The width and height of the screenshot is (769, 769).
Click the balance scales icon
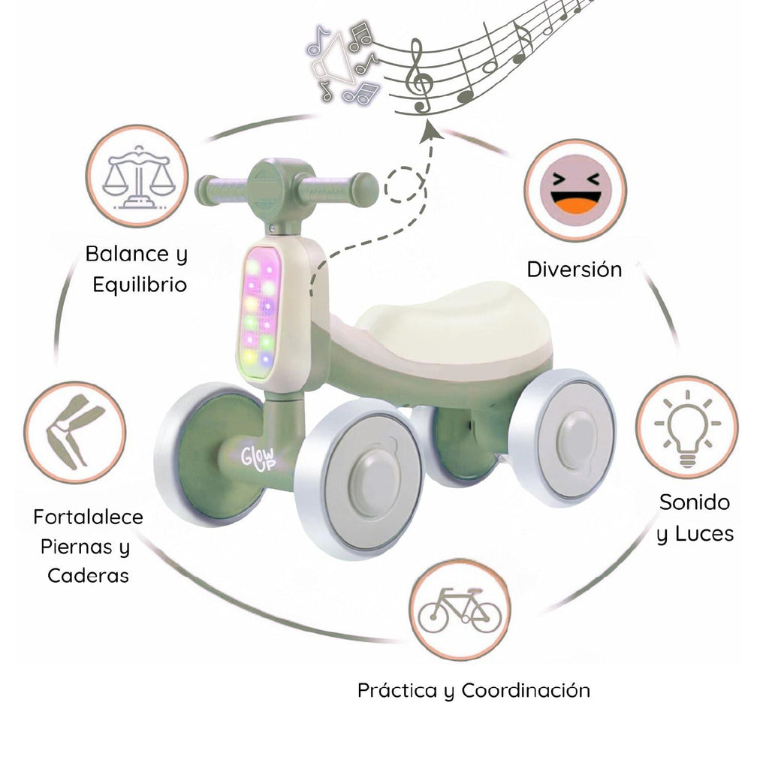coord(136,176)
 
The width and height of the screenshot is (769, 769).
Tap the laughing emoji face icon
coord(574,190)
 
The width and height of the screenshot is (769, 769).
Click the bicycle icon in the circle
coord(459,609)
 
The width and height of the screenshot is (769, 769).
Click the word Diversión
coord(574,270)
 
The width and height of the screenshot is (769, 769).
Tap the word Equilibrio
coord(140,285)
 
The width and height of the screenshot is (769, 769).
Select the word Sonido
coord(695,502)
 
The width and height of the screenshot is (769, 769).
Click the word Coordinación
coord(526,690)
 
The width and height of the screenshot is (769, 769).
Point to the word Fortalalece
coord(88,517)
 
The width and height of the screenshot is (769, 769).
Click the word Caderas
coord(88,575)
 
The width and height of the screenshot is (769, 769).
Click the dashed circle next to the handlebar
coord(406,185)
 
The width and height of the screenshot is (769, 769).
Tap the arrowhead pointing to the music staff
coord(430,131)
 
